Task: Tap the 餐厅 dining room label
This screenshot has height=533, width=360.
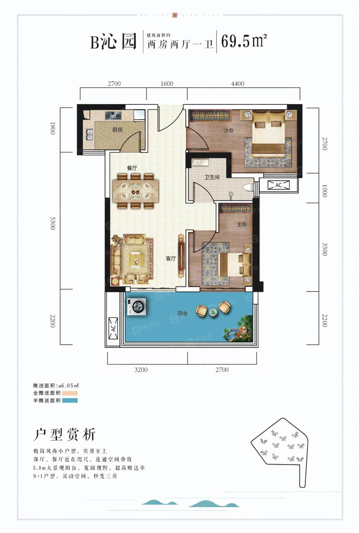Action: coord(132,167)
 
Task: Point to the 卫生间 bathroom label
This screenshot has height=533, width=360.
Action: coord(212,177)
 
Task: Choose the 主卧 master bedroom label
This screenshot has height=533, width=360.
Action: coord(242,224)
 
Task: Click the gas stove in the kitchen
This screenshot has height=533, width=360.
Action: coord(113,116)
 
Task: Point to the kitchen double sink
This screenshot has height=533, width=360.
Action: coord(89,134)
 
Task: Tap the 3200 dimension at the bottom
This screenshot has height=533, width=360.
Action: coord(141,370)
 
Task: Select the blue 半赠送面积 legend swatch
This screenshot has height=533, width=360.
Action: coord(70,400)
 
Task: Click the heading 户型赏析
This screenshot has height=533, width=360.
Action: coord(65,435)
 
